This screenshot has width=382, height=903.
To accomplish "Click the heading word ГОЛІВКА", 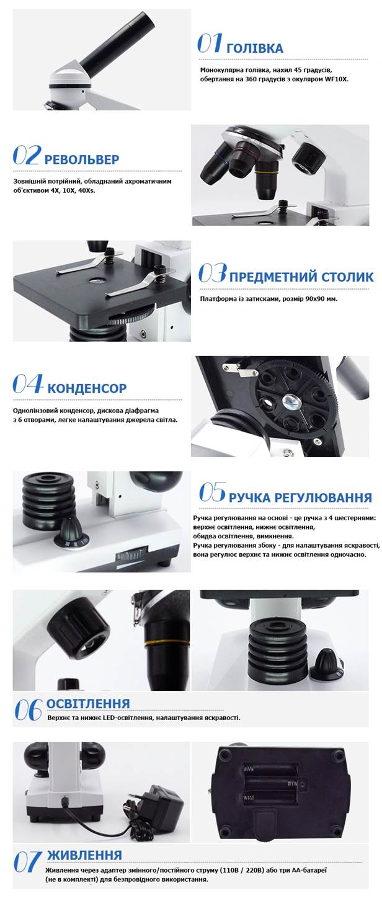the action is pos(255,48).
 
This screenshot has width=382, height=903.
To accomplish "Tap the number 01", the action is pos(210,43).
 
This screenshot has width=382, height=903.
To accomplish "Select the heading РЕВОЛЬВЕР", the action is pos(82,159).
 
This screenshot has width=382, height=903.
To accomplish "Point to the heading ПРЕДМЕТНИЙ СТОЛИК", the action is pos(301,277).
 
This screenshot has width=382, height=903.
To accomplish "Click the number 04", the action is pos(27,384).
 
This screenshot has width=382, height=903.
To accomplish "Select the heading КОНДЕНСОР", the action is pos(87,388).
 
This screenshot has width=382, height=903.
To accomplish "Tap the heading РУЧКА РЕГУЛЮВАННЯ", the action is pos(300,497).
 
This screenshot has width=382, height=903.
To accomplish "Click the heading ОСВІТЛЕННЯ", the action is pos(88,703).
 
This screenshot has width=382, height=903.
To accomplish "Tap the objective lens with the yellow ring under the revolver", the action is pos(266,179).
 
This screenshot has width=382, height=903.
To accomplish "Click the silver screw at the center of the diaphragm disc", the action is pos(290,400).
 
